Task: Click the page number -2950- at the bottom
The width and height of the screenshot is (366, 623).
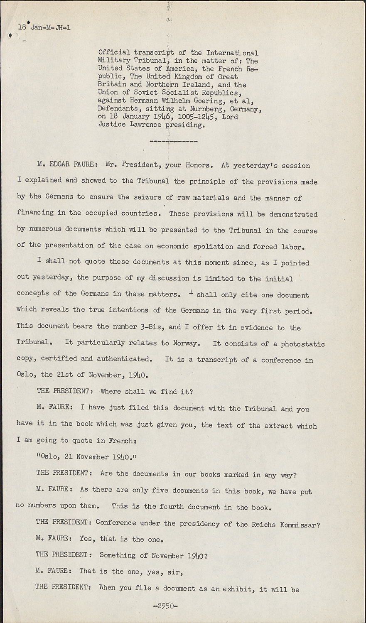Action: point(165,606)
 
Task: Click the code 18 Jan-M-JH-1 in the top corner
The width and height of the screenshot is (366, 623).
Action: point(44,28)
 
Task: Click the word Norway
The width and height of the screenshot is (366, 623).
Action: point(187,343)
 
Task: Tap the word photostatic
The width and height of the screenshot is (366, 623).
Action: point(303,344)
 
